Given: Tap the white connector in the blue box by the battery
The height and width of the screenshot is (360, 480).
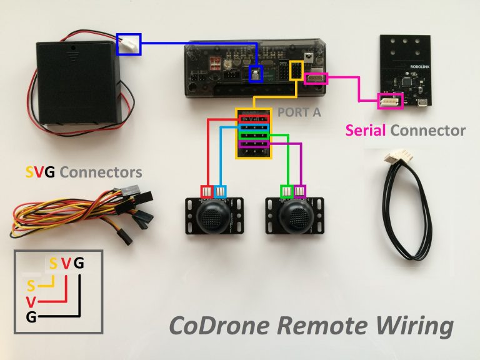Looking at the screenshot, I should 129,44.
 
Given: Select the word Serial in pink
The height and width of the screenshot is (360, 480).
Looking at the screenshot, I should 366,131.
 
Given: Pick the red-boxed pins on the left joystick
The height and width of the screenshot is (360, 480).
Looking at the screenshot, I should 206,191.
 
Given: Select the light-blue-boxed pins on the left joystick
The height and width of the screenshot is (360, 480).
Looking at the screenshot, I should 220,191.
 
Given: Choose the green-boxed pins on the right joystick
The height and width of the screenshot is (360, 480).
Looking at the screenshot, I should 287,191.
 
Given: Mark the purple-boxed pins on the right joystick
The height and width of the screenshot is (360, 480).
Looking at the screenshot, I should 301,191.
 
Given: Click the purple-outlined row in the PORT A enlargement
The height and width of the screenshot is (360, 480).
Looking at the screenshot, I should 254,145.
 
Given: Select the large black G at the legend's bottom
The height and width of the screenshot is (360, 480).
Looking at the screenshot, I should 31,317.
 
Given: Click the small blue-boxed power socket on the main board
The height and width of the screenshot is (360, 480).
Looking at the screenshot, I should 255,74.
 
